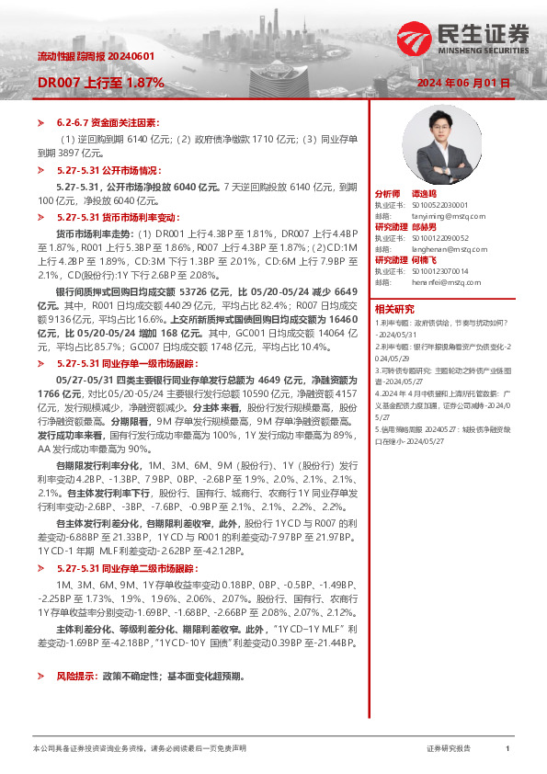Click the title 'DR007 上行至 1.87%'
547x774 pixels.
point(100,82)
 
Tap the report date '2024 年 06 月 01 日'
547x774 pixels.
point(463,83)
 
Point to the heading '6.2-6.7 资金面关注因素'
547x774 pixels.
point(108,121)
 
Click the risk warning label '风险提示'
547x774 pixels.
point(74,676)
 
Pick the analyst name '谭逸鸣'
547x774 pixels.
point(425,195)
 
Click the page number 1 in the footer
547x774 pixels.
point(507,749)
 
